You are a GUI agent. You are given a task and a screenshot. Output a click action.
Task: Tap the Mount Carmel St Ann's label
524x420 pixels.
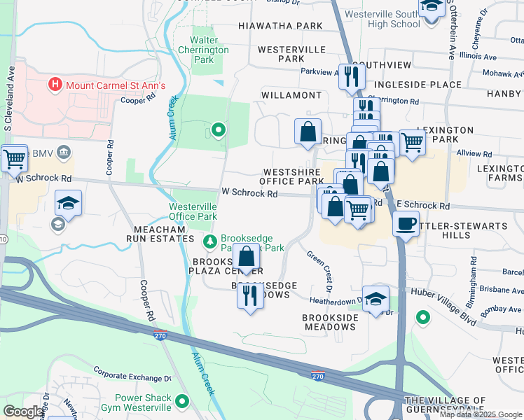(116, 85)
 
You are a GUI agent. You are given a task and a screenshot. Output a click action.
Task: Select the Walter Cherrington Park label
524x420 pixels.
(203, 50)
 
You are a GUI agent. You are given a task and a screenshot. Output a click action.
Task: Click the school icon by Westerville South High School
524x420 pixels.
(432, 7)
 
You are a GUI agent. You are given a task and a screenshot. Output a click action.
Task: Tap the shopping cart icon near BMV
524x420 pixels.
(14, 159)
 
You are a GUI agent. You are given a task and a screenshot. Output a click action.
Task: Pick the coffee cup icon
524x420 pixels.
(406, 224)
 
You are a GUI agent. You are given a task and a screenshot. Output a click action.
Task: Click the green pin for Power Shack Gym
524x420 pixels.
(183, 402)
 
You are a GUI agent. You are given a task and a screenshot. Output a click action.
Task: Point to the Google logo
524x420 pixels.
(23, 412)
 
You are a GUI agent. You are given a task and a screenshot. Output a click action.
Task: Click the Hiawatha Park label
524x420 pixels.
(280, 26)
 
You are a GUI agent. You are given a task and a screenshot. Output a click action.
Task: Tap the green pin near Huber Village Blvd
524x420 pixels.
(422, 318)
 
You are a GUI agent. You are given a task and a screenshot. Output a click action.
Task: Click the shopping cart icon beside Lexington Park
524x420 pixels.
(412, 142)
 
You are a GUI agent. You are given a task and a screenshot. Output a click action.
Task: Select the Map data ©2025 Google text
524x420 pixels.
(480, 414)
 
